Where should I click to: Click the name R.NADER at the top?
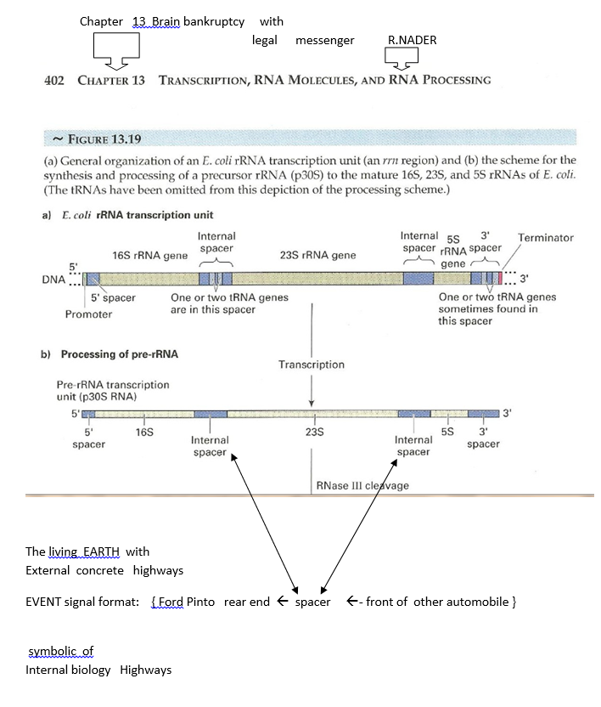412,40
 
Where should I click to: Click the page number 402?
54,81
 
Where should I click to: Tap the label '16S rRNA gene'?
150,255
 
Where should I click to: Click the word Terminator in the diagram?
545,238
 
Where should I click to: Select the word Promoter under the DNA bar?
88,314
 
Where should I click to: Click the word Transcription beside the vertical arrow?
312,365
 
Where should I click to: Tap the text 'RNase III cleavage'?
362,485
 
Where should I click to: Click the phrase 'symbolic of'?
61,651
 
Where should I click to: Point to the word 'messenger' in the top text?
325,40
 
